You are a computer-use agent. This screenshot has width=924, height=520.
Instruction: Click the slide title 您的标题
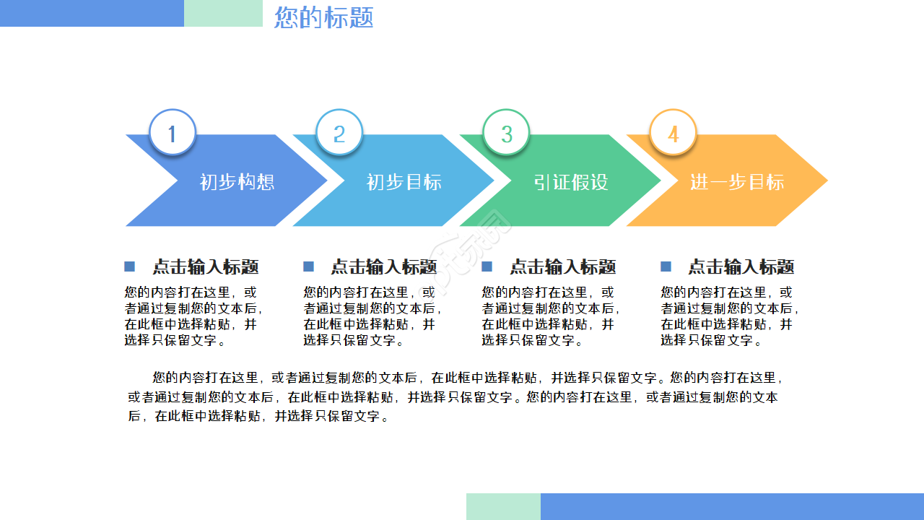click(x=324, y=17)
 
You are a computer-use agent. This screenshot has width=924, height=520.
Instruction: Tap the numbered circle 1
click(x=173, y=134)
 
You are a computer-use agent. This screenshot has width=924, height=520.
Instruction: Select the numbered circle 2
click(x=339, y=134)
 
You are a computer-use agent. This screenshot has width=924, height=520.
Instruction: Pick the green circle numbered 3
click(x=506, y=134)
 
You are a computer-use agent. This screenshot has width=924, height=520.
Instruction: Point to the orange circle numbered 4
click(x=673, y=134)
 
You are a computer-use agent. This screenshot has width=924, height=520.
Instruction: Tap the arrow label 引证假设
click(x=570, y=182)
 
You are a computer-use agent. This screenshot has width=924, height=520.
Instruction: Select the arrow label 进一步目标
click(x=736, y=182)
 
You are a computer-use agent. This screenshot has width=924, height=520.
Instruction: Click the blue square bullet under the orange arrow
click(x=666, y=267)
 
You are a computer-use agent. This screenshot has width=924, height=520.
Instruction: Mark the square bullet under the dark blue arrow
click(x=130, y=267)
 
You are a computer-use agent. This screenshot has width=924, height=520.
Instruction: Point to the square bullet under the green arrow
click(x=487, y=267)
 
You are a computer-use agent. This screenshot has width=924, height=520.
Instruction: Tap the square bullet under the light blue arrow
click(x=308, y=267)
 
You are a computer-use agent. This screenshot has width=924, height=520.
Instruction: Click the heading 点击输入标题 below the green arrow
click(x=562, y=267)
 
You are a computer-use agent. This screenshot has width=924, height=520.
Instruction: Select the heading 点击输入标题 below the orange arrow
click(x=741, y=267)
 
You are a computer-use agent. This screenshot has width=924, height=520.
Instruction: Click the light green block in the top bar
click(x=223, y=13)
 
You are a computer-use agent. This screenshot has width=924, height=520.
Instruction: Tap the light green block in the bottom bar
click(x=503, y=506)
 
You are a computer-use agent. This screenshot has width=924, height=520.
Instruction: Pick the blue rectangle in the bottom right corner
click(x=732, y=506)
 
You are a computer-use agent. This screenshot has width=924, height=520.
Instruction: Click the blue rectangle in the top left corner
click(x=92, y=13)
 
